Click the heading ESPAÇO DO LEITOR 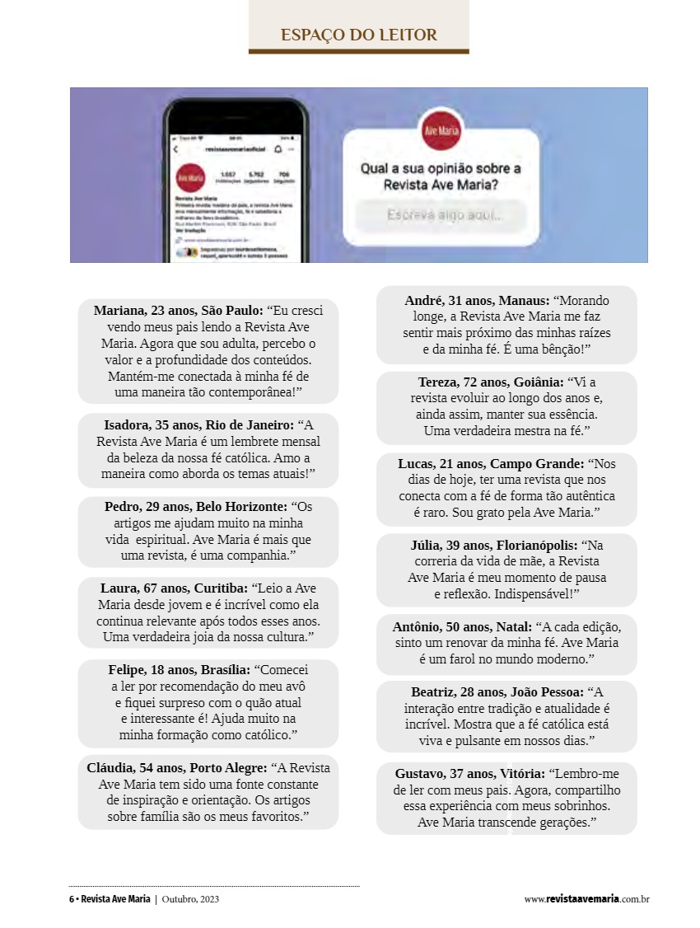[x=358, y=35]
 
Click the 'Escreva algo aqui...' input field [x=444, y=215]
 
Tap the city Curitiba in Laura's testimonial [x=220, y=588]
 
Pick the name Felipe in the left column [x=128, y=669]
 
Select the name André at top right [x=425, y=302]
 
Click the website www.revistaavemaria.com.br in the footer [x=586, y=899]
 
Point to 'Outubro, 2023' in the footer [x=190, y=899]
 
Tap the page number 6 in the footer [x=71, y=899]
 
